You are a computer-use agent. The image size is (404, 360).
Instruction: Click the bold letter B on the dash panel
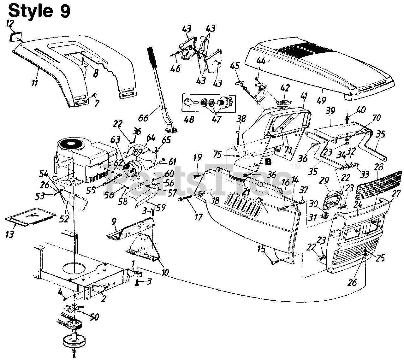(x=268, y=162)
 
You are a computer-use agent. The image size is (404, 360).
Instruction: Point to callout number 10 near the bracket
(x=164, y=272)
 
